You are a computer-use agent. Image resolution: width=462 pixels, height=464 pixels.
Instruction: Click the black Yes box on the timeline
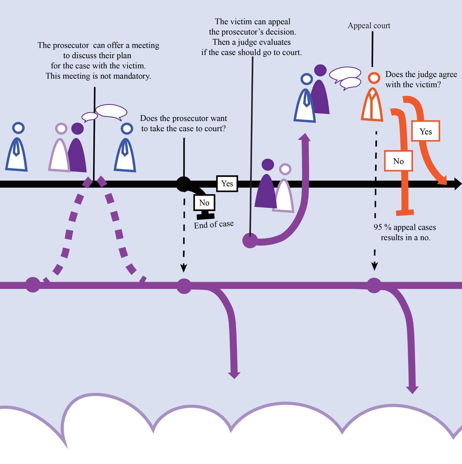point(227,184)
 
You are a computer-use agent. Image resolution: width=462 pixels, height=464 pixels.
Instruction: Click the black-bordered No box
point(204,203)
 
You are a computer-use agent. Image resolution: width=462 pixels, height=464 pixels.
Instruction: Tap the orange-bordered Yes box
point(425,131)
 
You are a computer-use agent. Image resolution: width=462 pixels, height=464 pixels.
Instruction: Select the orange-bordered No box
point(398,161)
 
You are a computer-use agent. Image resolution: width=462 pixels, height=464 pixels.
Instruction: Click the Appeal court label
point(369,26)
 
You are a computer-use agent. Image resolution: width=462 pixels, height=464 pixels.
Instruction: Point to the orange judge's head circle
point(374,78)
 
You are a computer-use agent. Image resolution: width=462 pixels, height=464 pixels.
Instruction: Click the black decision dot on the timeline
point(184,184)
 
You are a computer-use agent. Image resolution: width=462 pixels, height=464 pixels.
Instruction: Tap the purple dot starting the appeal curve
point(250,241)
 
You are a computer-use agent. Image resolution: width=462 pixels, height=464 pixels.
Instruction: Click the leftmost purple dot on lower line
point(33,285)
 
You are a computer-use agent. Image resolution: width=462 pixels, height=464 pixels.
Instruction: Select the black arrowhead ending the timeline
point(458,184)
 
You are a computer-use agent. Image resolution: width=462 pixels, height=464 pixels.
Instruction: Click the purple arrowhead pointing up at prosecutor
point(304,137)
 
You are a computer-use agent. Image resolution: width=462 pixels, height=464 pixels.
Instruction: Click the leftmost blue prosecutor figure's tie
point(17,149)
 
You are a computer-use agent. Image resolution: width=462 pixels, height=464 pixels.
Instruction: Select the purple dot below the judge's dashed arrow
point(374,285)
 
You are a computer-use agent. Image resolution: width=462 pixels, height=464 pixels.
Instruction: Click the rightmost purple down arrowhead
point(412,390)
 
